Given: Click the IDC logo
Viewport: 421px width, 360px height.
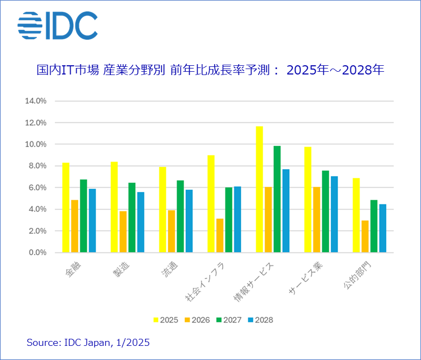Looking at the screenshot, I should pyautogui.click(x=57, y=26).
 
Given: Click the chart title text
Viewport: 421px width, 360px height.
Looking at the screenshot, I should pyautogui.click(x=210, y=70).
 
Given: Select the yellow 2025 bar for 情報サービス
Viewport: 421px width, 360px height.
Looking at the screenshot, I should pyautogui.click(x=259, y=189).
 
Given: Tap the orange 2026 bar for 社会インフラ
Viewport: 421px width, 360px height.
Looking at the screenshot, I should pyautogui.click(x=219, y=235).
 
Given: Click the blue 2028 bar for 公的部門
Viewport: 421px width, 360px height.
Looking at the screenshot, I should pyautogui.click(x=382, y=228).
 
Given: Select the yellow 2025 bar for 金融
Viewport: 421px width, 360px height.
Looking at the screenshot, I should pyautogui.click(x=66, y=207).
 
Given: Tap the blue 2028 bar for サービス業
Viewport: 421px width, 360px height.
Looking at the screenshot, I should pyautogui.click(x=334, y=214).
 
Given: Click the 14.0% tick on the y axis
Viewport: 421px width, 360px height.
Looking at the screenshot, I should pyautogui.click(x=36, y=101).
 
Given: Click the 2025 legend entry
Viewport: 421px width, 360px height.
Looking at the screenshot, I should pyautogui.click(x=165, y=320).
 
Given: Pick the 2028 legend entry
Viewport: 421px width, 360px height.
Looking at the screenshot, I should pyautogui.click(x=260, y=320).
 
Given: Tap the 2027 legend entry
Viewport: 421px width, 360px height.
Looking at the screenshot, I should pyautogui.click(x=228, y=320).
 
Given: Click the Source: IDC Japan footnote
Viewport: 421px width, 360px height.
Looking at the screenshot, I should pyautogui.click(x=88, y=343).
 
